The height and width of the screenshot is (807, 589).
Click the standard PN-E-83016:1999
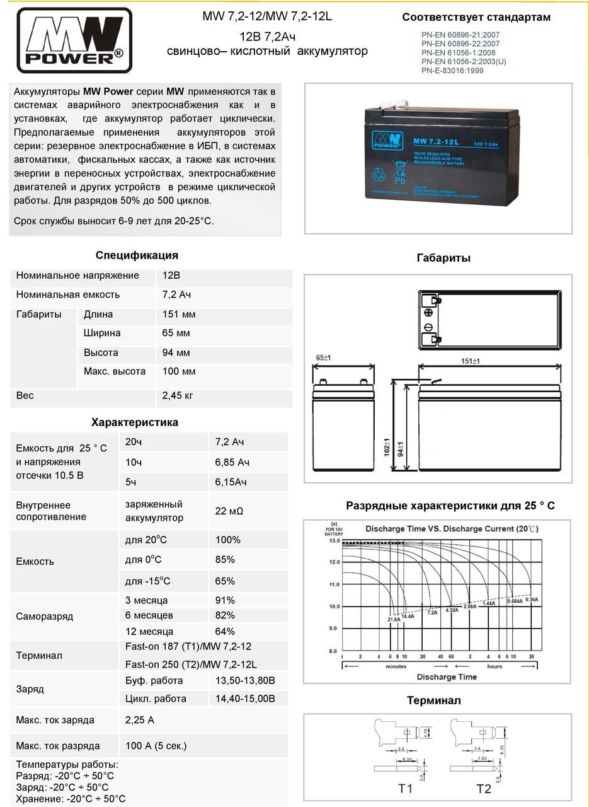(x=452, y=71)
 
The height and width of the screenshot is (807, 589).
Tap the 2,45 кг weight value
(x=178, y=396)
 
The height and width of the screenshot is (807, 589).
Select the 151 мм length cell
(x=179, y=315)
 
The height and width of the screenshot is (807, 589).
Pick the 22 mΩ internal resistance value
(x=229, y=511)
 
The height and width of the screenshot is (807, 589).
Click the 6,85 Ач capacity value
(x=232, y=462)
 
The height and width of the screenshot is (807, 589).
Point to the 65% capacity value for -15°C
(x=225, y=581)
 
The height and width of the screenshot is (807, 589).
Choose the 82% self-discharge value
(x=225, y=615)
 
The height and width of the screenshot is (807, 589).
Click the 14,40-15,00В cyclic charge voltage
(x=245, y=699)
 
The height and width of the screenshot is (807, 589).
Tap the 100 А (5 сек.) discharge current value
(x=156, y=746)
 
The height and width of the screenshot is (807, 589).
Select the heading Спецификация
(x=137, y=255)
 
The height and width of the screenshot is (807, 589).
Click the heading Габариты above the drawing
(x=443, y=258)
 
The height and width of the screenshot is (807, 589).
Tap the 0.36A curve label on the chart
(x=532, y=600)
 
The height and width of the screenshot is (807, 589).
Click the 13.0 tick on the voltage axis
(x=334, y=541)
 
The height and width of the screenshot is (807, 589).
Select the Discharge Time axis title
(x=447, y=677)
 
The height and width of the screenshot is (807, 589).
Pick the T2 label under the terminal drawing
(x=483, y=789)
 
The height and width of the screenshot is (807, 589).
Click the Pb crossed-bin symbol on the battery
(x=398, y=171)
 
